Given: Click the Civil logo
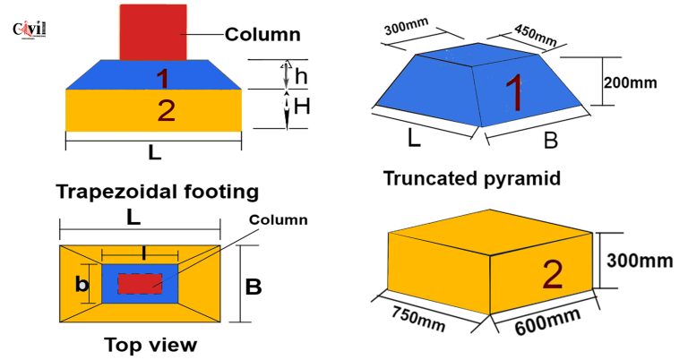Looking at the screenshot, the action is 30,30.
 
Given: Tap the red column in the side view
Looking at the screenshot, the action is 153,32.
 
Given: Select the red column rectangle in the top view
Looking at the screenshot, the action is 140,284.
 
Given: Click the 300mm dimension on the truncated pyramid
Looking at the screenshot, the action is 407,26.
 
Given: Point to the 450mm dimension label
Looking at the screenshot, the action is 536,35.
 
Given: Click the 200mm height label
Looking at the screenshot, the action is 630,82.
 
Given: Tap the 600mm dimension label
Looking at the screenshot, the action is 547,321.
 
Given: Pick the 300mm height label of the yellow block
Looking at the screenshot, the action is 640,261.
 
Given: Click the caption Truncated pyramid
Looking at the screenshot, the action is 472,178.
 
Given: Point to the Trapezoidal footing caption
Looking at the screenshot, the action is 158,192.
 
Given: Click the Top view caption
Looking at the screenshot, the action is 150,345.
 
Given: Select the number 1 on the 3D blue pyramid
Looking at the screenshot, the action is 514,94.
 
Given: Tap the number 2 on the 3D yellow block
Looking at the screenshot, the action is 553,275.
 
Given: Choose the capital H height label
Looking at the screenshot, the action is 302,106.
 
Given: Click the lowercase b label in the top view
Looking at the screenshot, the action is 82,284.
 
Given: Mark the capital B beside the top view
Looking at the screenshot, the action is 254,287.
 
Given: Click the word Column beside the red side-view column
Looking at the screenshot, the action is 262,34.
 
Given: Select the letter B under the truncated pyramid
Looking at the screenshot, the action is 551,141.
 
